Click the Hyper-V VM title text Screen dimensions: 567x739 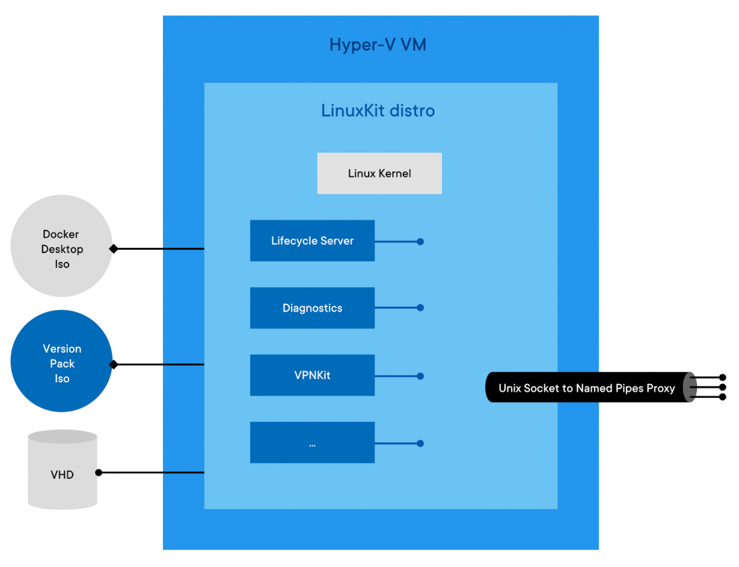point(377,45)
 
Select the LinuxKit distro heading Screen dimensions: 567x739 point(377,111)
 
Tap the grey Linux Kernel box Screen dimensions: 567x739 point(379,173)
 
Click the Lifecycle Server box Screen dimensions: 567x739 point(312,241)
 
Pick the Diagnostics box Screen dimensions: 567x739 point(312,308)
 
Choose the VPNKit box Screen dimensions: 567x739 point(312,375)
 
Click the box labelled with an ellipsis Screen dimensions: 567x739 point(312,442)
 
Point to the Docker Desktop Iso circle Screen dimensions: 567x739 point(61,246)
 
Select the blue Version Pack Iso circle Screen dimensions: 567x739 point(61,361)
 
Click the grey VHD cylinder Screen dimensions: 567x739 point(62,475)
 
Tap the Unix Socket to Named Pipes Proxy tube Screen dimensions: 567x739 point(586,388)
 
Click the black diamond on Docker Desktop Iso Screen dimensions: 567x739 point(114,249)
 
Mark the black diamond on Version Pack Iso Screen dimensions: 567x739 point(114,364)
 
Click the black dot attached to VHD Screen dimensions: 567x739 point(99,472)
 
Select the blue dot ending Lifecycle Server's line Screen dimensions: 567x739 point(420,241)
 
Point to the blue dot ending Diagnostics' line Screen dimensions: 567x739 point(420,308)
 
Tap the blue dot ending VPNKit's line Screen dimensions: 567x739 point(420,376)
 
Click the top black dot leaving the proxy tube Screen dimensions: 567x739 point(722,377)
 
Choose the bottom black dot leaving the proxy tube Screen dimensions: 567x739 point(722,397)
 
